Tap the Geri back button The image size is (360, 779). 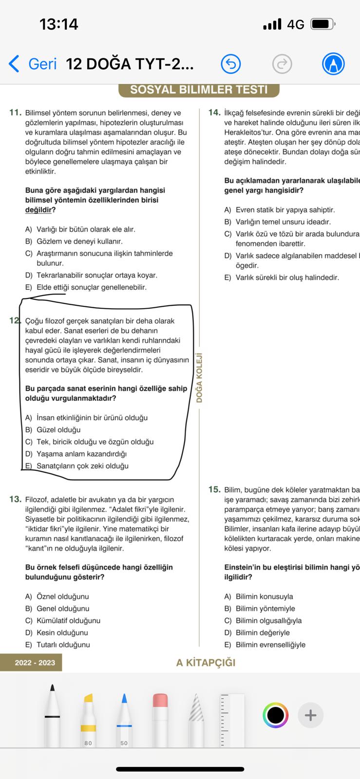[33, 64]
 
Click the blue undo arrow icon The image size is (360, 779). [231, 64]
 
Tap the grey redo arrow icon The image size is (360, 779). [282, 64]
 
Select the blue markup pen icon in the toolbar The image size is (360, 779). [334, 64]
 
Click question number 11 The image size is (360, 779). [16, 112]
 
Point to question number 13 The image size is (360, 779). [16, 499]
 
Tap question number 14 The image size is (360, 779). [214, 112]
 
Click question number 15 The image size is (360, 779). [214, 489]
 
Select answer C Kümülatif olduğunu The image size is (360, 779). [68, 621]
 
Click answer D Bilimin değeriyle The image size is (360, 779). [263, 633]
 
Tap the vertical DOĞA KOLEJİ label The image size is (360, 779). [199, 377]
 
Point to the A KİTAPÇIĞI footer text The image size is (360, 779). [206, 663]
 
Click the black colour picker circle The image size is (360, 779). [275, 715]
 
